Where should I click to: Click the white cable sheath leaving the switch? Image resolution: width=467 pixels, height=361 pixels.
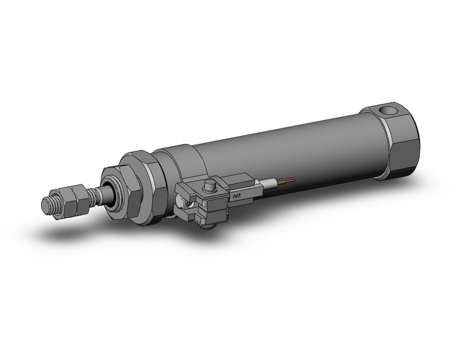click(268, 183)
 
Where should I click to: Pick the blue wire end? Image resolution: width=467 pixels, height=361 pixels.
click(282, 181)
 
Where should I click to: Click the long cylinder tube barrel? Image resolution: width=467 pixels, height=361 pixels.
click(289, 154)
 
